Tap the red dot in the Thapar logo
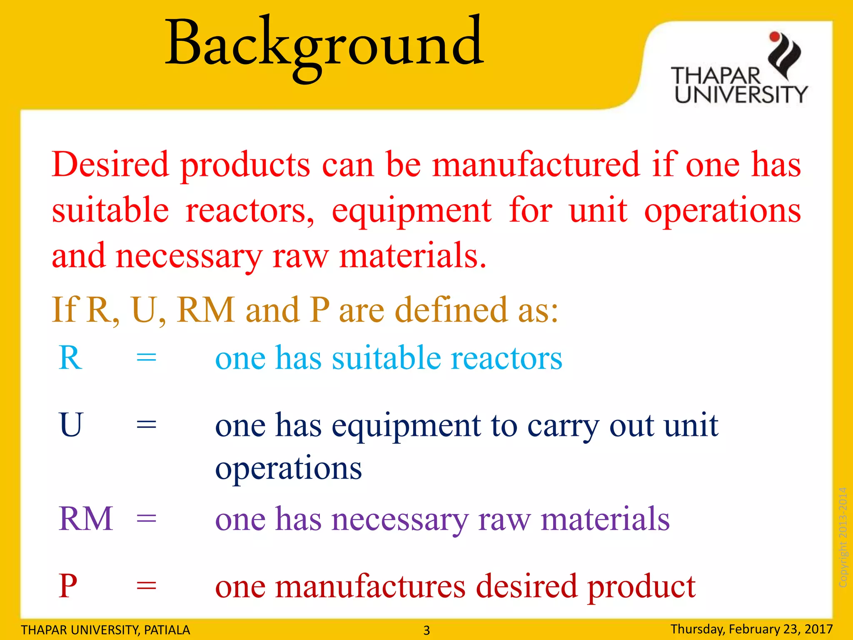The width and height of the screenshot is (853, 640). point(774,37)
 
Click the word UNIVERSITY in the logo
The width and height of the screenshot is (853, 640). point(741,95)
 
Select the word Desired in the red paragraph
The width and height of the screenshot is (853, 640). point(110,164)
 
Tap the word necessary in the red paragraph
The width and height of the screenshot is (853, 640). point(188,257)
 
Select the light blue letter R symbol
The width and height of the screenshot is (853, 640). point(70,358)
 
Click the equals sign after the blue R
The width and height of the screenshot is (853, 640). point(147,358)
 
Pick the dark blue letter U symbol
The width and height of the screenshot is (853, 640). point(71,425)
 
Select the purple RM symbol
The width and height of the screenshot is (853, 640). point(86,519)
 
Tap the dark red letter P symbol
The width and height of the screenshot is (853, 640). point(68,586)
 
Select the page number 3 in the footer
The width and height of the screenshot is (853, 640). point(426,630)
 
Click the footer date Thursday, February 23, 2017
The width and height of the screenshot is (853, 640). point(751,629)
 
